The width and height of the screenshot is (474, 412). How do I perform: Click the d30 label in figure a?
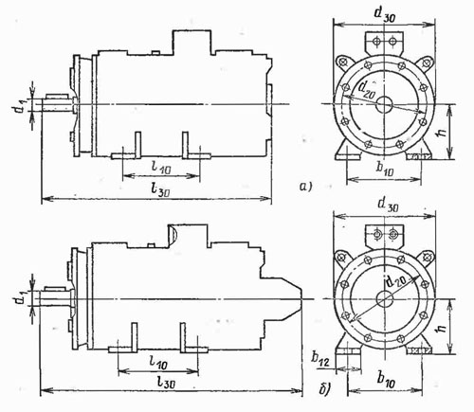pos(384,14)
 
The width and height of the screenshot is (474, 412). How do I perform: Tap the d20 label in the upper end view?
pos(366,88)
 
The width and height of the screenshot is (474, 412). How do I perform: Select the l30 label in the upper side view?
pos(161,189)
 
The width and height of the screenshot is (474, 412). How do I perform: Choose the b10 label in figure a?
pos(385,169)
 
